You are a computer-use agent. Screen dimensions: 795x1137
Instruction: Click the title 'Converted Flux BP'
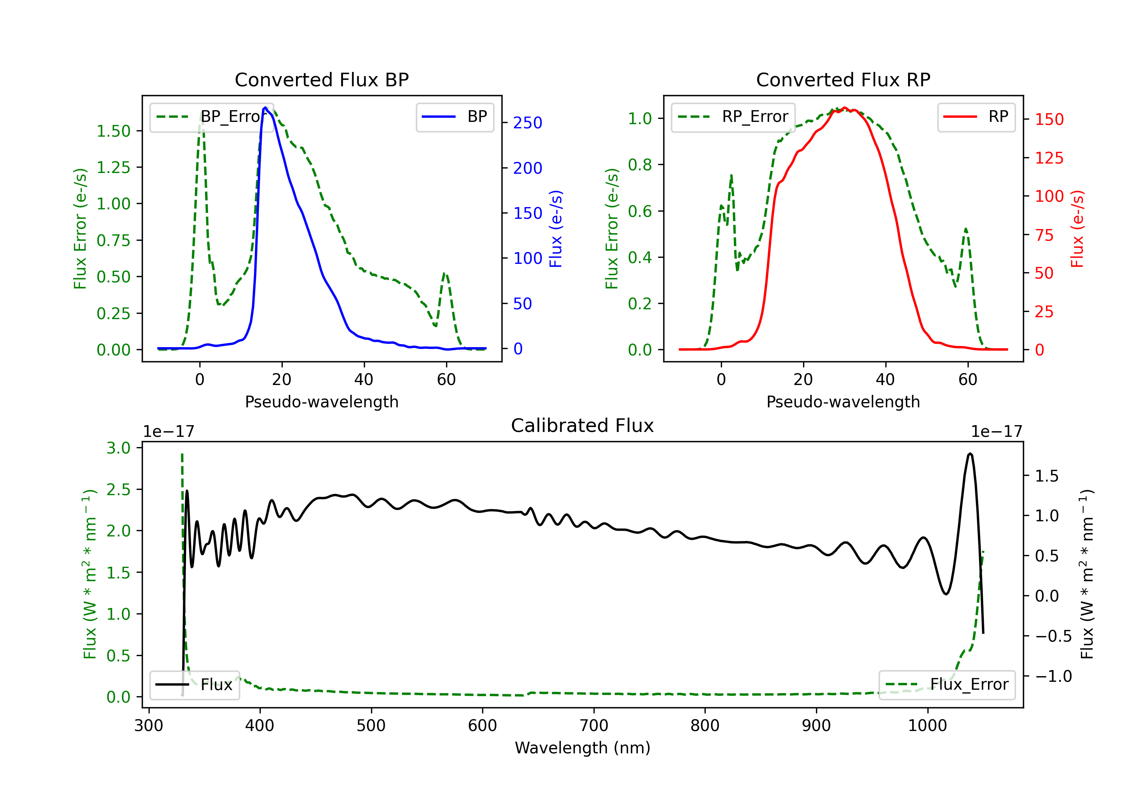click(321, 79)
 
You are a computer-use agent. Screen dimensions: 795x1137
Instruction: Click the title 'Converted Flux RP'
click(843, 79)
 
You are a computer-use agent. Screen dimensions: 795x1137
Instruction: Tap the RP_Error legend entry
click(733, 117)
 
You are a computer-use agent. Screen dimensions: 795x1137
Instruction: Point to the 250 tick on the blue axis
click(528, 123)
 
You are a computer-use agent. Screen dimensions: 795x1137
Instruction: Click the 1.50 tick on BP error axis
click(113, 131)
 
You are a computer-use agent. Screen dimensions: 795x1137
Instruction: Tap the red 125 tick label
click(1049, 158)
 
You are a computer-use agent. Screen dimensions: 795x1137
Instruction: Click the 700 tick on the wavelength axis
click(594, 725)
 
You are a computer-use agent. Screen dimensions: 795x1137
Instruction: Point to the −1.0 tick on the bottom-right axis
click(1053, 676)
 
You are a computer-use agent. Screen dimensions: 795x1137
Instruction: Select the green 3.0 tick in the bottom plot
click(118, 448)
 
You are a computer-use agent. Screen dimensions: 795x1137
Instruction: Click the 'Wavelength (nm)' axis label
click(583, 748)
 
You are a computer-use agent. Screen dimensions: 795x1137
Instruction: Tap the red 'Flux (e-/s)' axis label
click(1077, 229)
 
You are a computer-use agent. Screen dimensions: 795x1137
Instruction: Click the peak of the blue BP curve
click(265, 108)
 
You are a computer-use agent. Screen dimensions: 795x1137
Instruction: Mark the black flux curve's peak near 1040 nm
click(970, 453)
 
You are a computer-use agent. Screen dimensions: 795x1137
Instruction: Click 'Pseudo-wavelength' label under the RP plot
click(843, 402)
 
